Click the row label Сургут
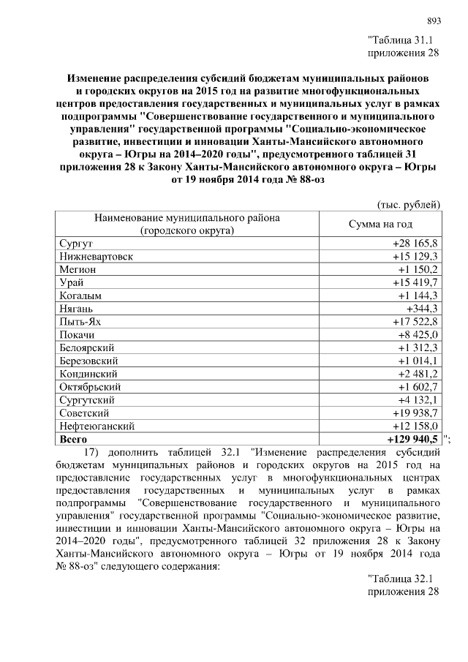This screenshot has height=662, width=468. coord(74,243)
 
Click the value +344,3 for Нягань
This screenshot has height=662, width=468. coord(420,309)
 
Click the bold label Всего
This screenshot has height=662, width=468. coord(73,439)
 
